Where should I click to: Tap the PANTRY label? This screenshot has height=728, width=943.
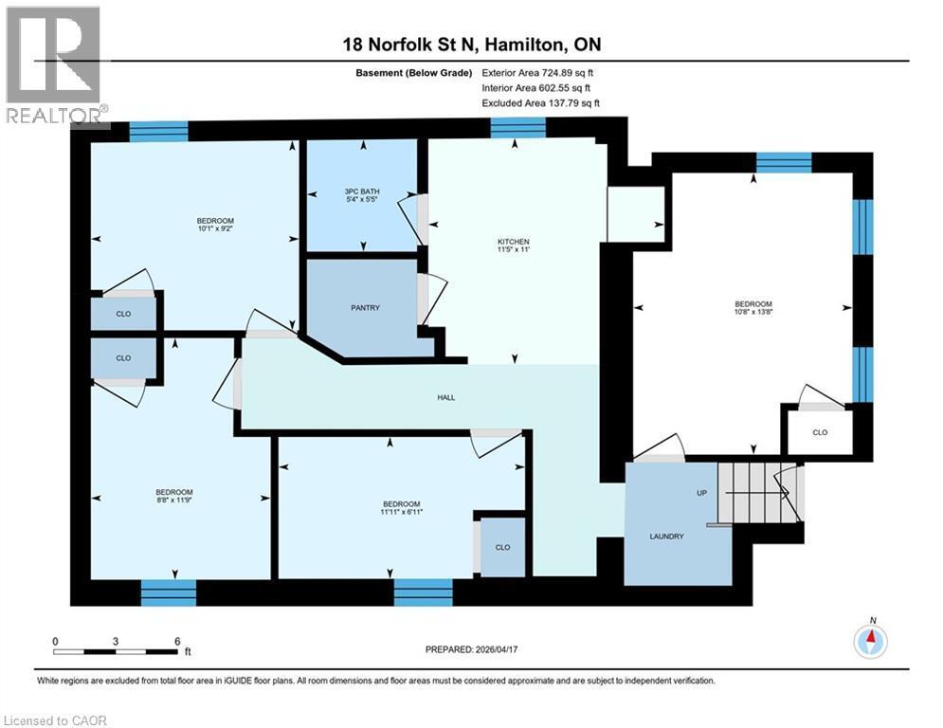click(x=365, y=308)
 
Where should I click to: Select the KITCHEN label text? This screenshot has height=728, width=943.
click(x=514, y=242)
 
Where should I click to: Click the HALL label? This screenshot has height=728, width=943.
click(x=446, y=397)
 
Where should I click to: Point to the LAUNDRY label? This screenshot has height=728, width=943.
click(x=666, y=537)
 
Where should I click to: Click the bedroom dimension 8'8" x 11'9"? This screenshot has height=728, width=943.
click(x=174, y=499)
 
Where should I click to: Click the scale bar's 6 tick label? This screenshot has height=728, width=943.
click(x=177, y=642)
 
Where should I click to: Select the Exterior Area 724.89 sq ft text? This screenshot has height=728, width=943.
click(x=538, y=72)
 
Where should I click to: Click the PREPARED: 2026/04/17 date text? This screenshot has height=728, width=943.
click(x=474, y=649)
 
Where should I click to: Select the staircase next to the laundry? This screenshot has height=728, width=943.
click(x=757, y=492)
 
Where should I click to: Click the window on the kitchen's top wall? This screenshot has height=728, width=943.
click(x=517, y=127)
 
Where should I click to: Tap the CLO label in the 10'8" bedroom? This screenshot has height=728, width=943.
click(x=821, y=432)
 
